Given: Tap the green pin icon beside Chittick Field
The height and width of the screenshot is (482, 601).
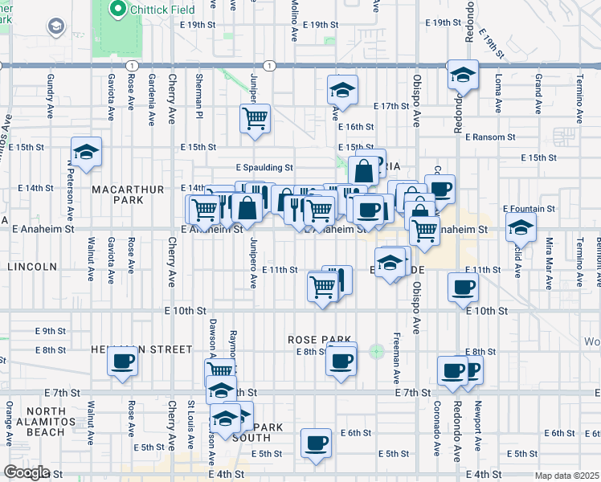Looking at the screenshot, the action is pos(117,10).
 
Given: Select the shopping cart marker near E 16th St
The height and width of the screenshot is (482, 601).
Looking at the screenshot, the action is pos(255,119).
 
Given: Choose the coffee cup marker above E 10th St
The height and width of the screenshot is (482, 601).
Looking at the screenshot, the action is pos(463,287).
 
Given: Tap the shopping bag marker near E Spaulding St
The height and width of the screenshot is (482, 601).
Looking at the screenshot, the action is pos(364,170).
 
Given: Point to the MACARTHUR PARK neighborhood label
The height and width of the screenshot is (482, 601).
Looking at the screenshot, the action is pos(127,190).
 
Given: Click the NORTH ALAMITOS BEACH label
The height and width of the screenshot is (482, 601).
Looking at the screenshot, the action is pos(33,425).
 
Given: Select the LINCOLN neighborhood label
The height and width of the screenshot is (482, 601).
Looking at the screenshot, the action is pos(32,266).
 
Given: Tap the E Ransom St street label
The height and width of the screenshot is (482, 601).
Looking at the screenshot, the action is pos(489,137).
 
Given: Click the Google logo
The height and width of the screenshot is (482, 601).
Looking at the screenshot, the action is pos(27,472).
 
